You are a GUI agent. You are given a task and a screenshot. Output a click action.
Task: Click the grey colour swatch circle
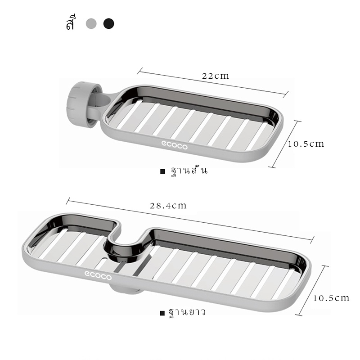[x=91, y=24]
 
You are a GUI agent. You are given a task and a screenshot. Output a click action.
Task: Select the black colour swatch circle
[x=108, y=24]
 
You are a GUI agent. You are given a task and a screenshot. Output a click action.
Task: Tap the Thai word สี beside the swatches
[x=71, y=22]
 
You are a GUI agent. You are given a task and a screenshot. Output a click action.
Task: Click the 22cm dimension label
[x=216, y=76]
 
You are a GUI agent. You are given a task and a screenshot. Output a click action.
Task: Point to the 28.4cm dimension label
[x=168, y=206]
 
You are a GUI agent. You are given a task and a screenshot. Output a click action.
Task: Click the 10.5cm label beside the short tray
[x=306, y=144]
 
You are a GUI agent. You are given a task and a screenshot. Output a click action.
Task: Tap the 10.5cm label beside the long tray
[x=331, y=298]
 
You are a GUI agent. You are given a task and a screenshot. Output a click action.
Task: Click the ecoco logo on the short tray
[x=175, y=145]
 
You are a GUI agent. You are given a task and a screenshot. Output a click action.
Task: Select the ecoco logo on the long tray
[x=98, y=275]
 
